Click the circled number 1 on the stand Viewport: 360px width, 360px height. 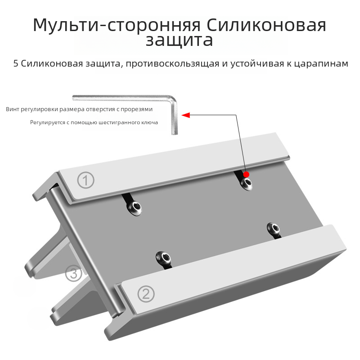coord(85,180)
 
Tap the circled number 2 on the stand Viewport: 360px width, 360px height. coord(146,294)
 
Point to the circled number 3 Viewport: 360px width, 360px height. coord(73,274)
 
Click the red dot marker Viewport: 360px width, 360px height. coord(246,175)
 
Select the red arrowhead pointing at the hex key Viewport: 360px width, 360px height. coord(186,115)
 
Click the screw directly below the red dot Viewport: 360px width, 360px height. coord(246,184)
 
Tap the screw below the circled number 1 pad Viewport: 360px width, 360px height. coord(135,208)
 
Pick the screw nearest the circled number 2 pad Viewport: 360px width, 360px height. coord(163,258)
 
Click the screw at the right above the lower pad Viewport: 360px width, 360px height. coord(273,229)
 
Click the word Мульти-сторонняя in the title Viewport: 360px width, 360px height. coord(117,25)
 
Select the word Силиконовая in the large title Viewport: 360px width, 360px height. coord(266,25)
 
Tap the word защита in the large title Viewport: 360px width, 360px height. coord(179,40)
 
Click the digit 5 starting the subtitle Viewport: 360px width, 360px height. coord(16,63)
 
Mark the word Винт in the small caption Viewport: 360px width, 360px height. coord(13,109)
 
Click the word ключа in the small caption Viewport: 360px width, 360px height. coord(150,122)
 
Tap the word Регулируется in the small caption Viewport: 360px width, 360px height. coord(48,122)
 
